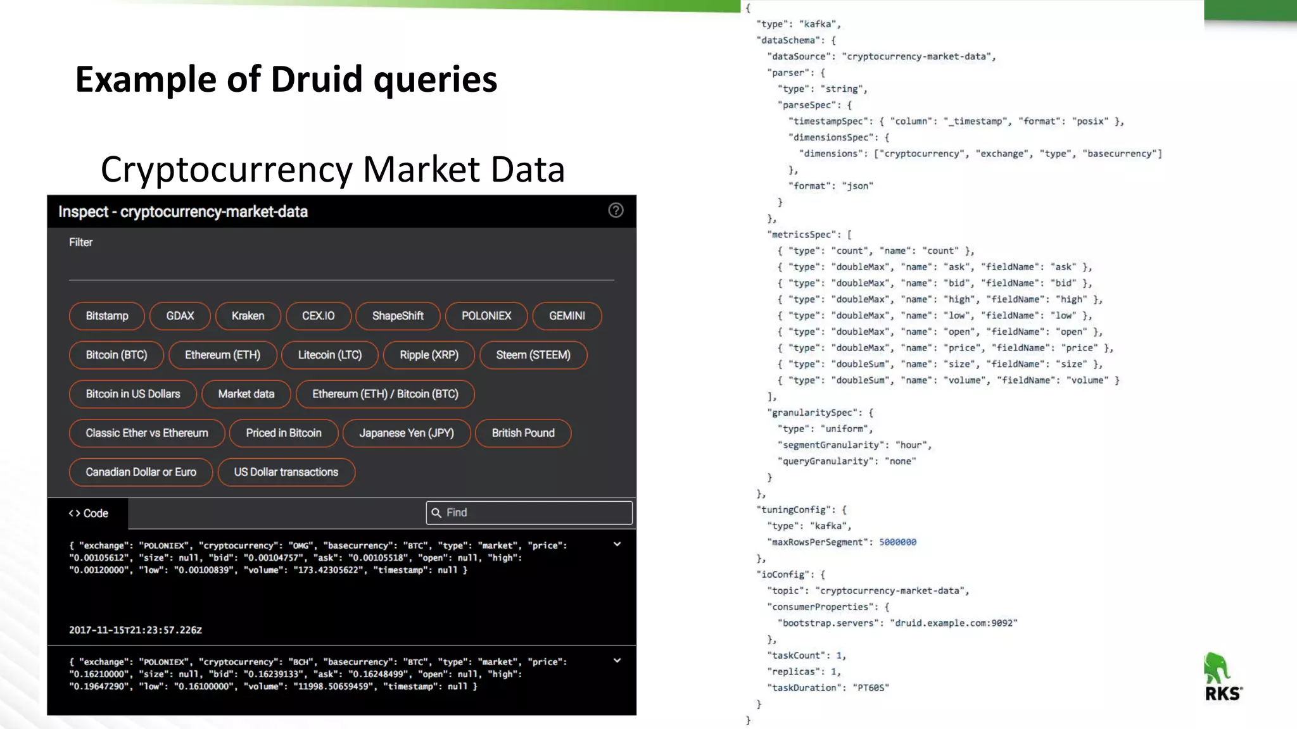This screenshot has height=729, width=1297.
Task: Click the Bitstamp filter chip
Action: pyautogui.click(x=106, y=316)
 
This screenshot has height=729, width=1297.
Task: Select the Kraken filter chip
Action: pyautogui.click(x=248, y=316)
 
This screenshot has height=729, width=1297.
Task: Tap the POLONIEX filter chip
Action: pyautogui.click(x=486, y=316)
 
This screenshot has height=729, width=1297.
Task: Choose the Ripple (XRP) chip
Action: pyautogui.click(x=429, y=355)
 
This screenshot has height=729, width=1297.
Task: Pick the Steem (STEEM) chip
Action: pyautogui.click(x=533, y=355)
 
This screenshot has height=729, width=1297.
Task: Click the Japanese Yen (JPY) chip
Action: pyautogui.click(x=407, y=433)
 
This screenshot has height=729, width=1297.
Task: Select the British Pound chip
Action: pyautogui.click(x=522, y=433)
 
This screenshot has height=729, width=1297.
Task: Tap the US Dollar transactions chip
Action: pyautogui.click(x=286, y=472)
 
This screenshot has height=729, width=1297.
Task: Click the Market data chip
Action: pyautogui.click(x=246, y=394)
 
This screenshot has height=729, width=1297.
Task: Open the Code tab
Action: pyautogui.click(x=88, y=513)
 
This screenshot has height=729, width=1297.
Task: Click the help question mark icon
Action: pyautogui.click(x=616, y=211)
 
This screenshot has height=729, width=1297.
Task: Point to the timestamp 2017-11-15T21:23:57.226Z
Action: pyautogui.click(x=136, y=630)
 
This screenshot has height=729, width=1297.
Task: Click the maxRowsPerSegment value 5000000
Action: pyautogui.click(x=897, y=542)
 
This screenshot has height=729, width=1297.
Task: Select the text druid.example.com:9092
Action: pyautogui.click(x=953, y=623)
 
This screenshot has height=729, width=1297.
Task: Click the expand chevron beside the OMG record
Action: pyautogui.click(x=617, y=544)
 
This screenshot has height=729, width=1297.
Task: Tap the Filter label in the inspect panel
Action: pyautogui.click(x=80, y=242)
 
